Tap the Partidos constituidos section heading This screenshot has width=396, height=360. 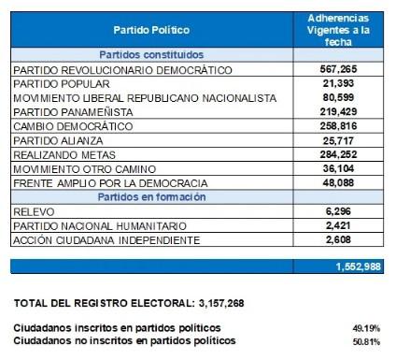(x=151, y=54)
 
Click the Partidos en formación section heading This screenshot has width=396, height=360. (x=151, y=197)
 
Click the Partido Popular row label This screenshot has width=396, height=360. (x=59, y=84)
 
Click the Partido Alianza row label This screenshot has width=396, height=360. (x=58, y=139)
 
